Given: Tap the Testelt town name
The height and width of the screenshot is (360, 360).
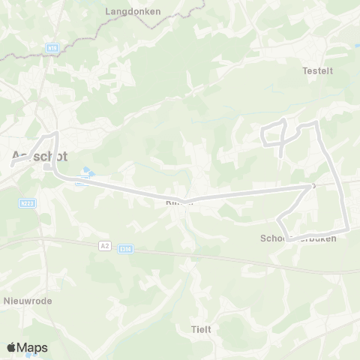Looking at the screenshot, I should (316, 71).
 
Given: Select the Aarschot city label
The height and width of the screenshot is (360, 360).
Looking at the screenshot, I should (40, 157).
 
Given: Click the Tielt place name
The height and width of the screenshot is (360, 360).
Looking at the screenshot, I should (201, 329).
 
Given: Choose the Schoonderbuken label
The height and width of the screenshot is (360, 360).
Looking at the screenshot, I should (298, 238).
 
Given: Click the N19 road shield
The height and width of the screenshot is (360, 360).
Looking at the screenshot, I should (52, 47).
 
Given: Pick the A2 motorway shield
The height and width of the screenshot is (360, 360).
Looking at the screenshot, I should (104, 244).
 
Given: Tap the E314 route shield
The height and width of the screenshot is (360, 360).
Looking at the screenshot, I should (125, 250).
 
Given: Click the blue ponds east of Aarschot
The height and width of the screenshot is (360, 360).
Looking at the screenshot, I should (88, 175).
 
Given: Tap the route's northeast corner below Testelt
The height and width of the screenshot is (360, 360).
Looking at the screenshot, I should (317, 122).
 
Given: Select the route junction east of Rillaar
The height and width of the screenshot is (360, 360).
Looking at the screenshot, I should (310, 187).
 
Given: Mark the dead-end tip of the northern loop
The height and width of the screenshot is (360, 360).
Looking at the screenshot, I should (280, 154).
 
